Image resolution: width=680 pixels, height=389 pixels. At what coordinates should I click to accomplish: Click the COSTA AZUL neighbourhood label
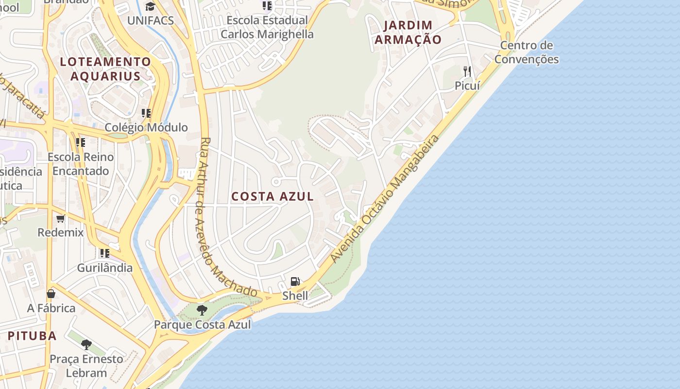coord(272,196)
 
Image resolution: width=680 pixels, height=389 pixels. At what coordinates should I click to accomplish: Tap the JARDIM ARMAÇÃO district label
coord(408,32)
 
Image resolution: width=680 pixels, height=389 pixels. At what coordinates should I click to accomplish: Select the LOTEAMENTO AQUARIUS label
coord(105,69)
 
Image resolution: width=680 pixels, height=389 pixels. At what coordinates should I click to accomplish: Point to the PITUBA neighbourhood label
coord(32,336)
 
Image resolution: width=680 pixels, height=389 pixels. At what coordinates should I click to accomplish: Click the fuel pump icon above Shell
coord(295,282)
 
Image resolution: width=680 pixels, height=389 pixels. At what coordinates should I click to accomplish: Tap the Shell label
coord(295,296)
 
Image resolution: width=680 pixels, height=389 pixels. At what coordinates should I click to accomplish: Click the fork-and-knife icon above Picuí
coord(467,71)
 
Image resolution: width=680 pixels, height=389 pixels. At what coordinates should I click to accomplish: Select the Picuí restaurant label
coord(467,86)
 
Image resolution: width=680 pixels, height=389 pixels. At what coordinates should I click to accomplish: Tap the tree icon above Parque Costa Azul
coord(202,310)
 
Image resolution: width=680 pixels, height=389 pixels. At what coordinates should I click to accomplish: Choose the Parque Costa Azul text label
coord(203,324)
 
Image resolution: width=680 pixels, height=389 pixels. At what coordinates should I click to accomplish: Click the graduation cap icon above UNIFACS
coord(150,6)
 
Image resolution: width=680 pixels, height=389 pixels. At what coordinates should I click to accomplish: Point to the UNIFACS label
coord(150,20)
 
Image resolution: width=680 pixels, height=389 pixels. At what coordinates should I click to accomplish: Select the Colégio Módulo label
coord(146,127)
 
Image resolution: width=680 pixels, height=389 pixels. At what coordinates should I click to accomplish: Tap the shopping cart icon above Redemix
coord(61,218)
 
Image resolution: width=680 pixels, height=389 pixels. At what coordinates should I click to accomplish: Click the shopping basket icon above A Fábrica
coord(51,294)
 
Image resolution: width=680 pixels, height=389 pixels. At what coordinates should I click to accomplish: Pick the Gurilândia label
coord(105,267)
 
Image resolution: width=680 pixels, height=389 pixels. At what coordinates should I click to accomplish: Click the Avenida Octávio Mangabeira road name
coord(384,199)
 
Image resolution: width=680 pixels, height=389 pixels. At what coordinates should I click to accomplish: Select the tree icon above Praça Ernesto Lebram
coord(86,345)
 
